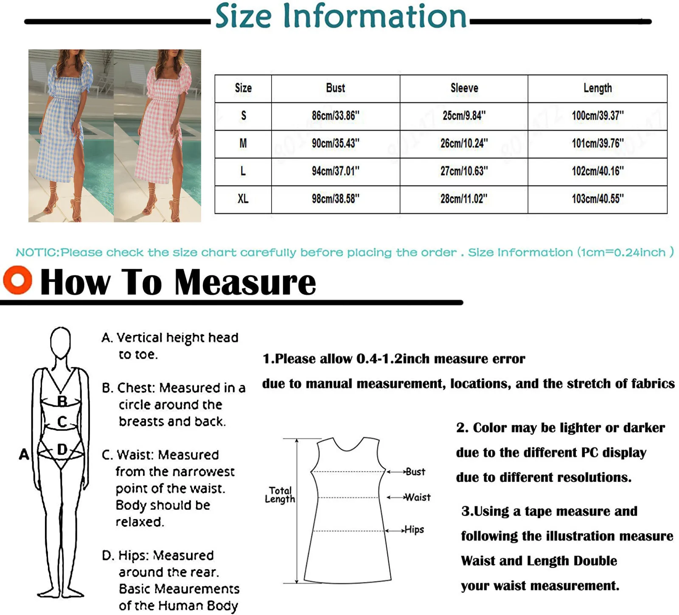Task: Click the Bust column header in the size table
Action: point(335,88)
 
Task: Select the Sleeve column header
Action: point(464,88)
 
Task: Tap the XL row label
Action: point(243,199)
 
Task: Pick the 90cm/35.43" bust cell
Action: point(335,143)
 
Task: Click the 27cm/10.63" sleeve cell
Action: point(464,171)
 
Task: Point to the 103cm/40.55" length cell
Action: point(598,199)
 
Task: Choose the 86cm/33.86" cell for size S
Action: point(335,115)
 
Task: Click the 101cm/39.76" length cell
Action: point(598,143)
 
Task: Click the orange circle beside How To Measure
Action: point(17,280)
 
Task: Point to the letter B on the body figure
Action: point(62,401)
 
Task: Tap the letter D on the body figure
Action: point(62,449)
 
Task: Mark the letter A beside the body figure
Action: point(24,454)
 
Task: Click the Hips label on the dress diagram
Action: point(414,529)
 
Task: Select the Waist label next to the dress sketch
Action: point(418,497)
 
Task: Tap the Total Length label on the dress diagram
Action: point(280,495)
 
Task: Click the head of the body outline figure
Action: point(60,341)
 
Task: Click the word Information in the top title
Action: point(374,16)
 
